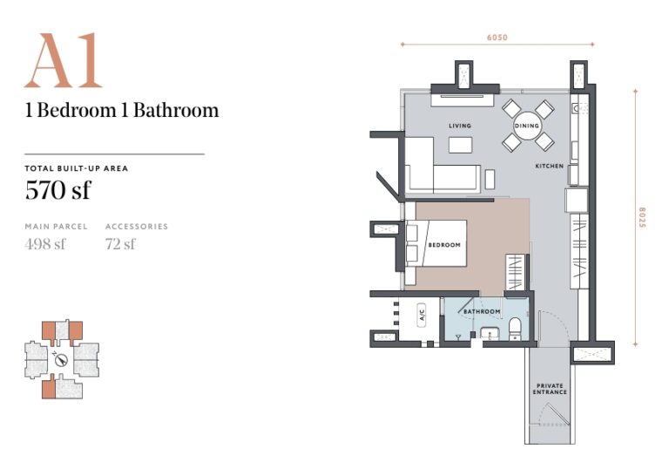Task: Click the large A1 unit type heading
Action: tap(63, 62)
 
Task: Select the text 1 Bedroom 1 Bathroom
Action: tap(122, 111)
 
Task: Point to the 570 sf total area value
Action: tap(57, 189)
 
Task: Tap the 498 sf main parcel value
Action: tap(45, 243)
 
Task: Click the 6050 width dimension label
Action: tap(497, 37)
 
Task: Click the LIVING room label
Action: tap(459, 126)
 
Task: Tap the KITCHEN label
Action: tap(549, 165)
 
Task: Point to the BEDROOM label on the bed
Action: tap(443, 245)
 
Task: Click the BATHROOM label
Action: tap(481, 311)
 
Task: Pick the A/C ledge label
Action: tap(421, 313)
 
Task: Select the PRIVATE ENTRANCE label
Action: tap(550, 389)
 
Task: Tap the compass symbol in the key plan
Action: tap(60, 359)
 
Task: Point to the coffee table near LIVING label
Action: tap(459, 145)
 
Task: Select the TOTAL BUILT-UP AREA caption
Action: tap(77, 168)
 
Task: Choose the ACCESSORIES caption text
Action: tap(137, 227)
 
